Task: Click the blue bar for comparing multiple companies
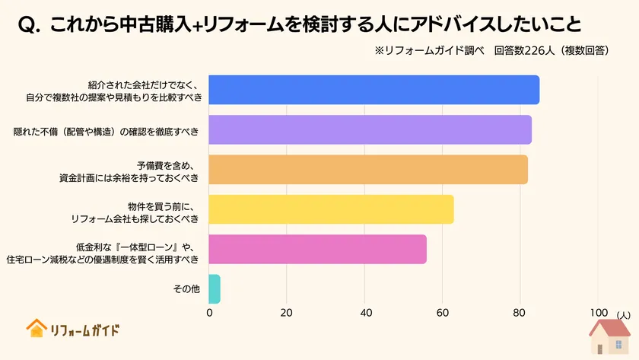(374, 90)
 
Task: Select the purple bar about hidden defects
(370, 130)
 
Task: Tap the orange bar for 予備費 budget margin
(368, 170)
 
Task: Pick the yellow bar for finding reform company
(331, 209)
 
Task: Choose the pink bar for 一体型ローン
(317, 249)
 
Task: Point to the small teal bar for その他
(215, 289)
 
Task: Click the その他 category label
(186, 289)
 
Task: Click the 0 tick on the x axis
(209, 313)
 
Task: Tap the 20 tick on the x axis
(287, 313)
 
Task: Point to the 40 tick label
(365, 313)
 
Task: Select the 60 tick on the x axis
(443, 313)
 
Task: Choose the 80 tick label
(520, 313)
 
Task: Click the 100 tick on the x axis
(598, 313)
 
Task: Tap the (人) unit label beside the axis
(623, 314)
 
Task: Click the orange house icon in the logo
(36, 328)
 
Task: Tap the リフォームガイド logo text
(84, 330)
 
